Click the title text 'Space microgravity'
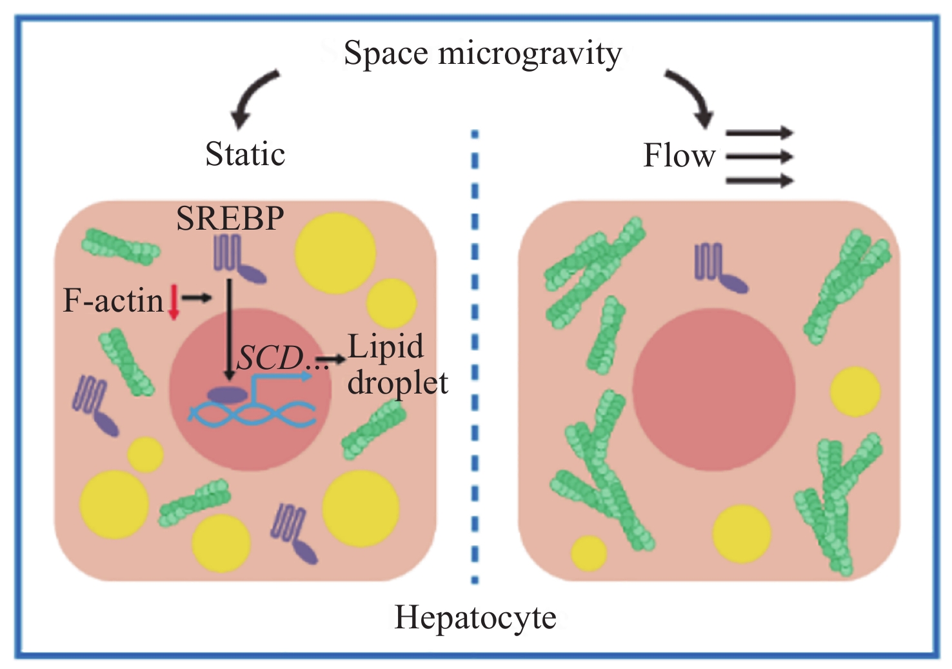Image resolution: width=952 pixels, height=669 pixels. [483, 54]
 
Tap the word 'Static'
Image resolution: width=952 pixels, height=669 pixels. [245, 154]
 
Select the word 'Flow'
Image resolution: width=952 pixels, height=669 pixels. [679, 155]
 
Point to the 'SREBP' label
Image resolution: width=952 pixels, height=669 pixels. [230, 219]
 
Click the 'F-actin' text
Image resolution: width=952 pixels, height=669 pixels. [113, 301]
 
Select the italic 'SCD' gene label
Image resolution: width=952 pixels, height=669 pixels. [270, 358]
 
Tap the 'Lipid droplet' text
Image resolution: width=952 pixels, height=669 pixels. [397, 364]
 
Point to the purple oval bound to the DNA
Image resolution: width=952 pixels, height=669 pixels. [228, 395]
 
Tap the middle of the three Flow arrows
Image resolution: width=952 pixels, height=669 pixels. [760, 156]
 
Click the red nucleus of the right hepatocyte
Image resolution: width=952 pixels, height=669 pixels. [714, 389]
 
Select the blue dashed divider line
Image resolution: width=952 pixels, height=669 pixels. [475, 357]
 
